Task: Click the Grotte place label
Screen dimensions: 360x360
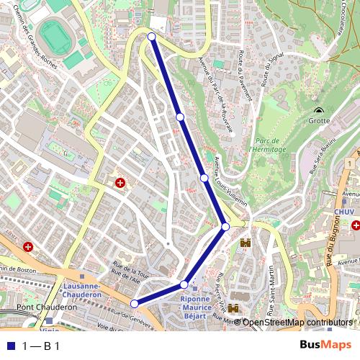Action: coord(318,121)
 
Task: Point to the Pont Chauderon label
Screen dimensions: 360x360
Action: coord(48,307)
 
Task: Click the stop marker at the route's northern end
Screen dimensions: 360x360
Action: coord(151,36)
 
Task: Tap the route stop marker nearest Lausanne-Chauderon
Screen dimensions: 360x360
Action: coord(134,304)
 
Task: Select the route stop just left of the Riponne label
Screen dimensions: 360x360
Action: coord(184,284)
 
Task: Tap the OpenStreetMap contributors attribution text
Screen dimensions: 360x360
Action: coord(297,323)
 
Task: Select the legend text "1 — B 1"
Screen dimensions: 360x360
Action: coord(41,346)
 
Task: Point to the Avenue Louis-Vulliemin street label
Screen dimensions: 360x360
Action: coord(231,181)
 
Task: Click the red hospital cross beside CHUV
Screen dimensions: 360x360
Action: coord(356,225)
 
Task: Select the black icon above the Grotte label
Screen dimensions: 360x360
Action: coord(318,111)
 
